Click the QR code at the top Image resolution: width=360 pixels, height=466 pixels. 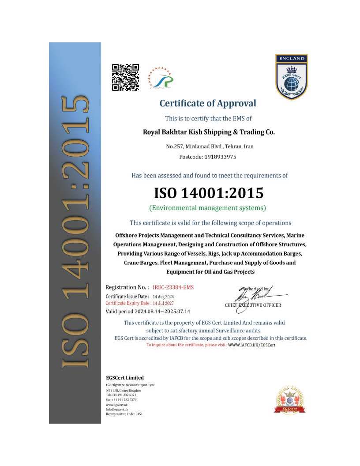coord(125,77)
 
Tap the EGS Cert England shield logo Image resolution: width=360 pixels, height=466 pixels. coord(291,77)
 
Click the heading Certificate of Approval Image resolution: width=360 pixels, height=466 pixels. coord(207,103)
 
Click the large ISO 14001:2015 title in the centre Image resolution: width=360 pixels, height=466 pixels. coord(209,193)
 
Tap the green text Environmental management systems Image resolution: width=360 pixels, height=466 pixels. coord(207,207)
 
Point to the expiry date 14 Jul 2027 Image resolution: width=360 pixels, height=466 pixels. coord(163,303)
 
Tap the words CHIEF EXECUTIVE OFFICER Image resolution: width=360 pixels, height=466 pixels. coord(253,305)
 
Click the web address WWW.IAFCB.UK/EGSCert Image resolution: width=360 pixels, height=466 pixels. coord(251,345)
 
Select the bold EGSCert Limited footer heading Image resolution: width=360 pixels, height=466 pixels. coord(125,378)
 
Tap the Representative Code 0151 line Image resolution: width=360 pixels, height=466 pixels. coord(124,414)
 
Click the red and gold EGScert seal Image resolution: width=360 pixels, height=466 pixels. coord(290,400)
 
